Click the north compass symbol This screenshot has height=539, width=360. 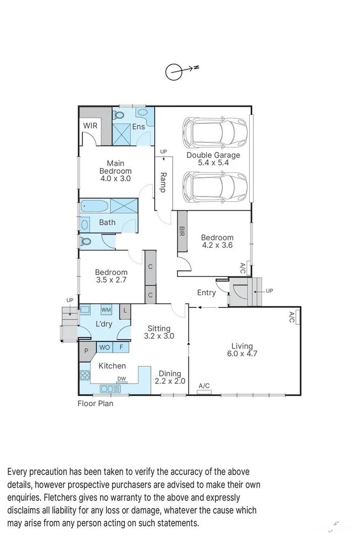pyautogui.click(x=174, y=72)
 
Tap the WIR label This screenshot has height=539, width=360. pyautogui.click(x=90, y=126)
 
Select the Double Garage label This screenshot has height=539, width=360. pyautogui.click(x=213, y=155)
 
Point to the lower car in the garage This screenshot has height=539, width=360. pyautogui.click(x=214, y=185)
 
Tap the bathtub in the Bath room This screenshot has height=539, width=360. pyautogui.click(x=94, y=207)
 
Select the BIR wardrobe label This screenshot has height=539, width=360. pyautogui.click(x=182, y=231)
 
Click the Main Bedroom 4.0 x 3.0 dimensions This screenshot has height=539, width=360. pyautogui.click(x=115, y=178)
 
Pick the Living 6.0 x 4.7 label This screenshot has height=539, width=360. pyautogui.click(x=242, y=350)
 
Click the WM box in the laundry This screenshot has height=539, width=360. pyautogui.click(x=106, y=310)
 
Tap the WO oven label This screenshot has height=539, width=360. pyautogui.click(x=105, y=348)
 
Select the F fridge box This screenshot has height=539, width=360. pyautogui.click(x=121, y=348)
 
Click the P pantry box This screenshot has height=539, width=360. pyautogui.click(x=86, y=349)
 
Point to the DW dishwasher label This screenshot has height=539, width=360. pyautogui.click(x=121, y=379)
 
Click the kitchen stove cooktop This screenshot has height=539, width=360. pyautogui.click(x=84, y=375)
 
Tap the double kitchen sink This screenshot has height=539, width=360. pyautogui.click(x=109, y=388)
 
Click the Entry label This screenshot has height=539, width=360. pyautogui.click(x=206, y=292)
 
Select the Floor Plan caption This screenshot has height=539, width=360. pyautogui.click(x=95, y=404)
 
